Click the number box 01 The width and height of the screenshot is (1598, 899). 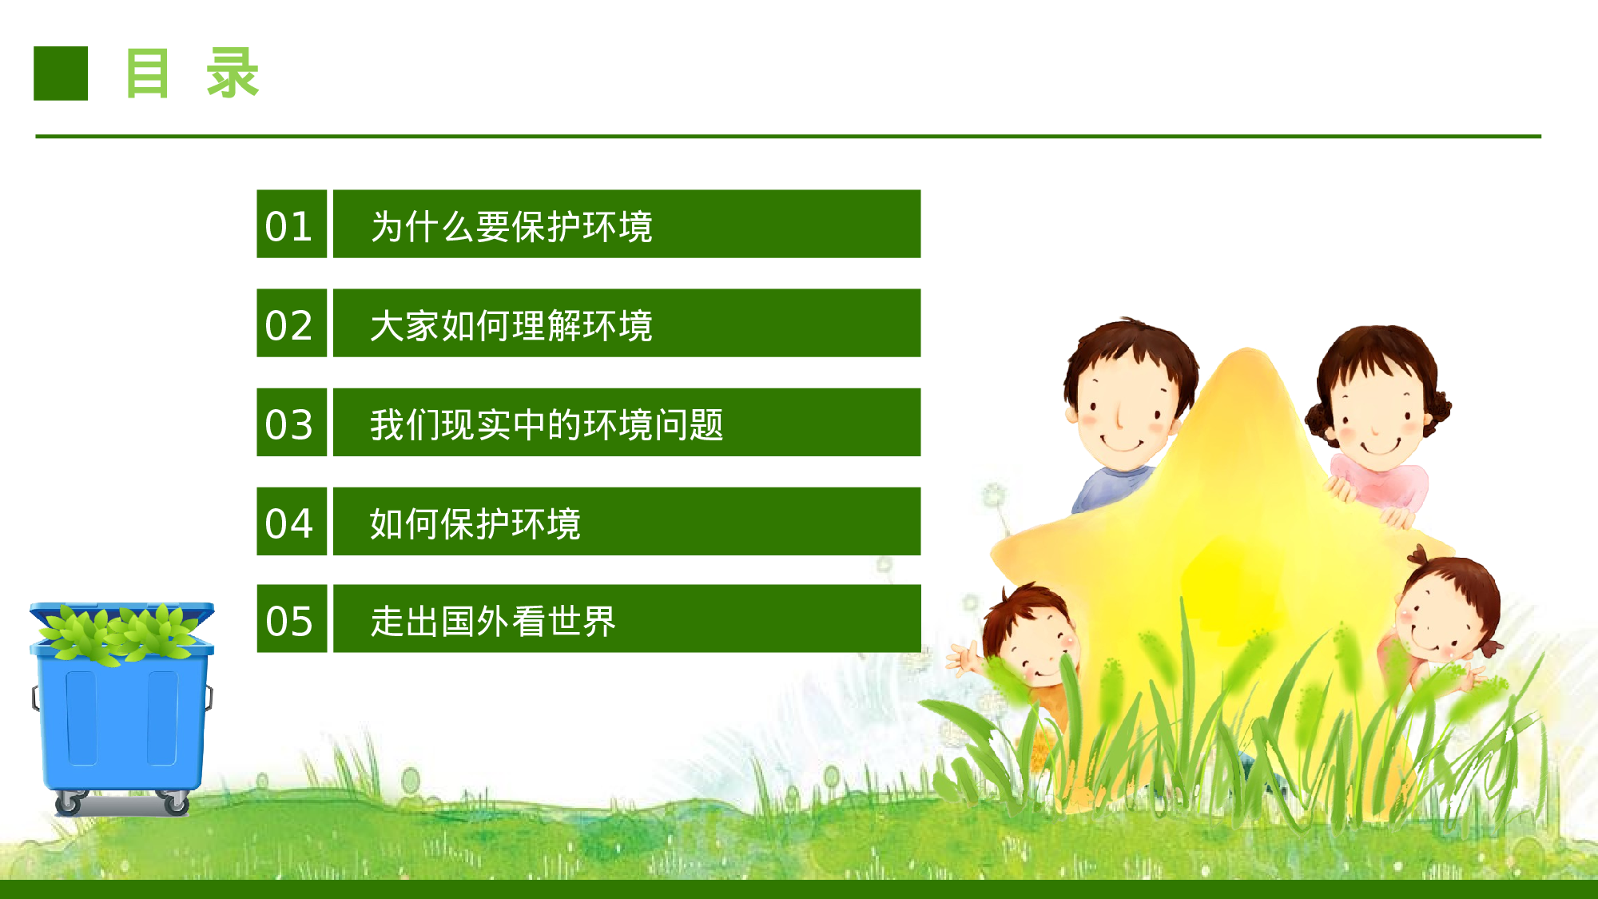(x=291, y=225)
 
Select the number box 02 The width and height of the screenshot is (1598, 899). (x=291, y=324)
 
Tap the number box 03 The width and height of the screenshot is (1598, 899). (x=291, y=423)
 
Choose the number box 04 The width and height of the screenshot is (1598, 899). (x=291, y=522)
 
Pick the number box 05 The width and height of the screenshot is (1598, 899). (x=291, y=619)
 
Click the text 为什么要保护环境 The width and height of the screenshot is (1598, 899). (x=511, y=226)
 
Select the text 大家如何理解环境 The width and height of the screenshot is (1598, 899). (x=511, y=325)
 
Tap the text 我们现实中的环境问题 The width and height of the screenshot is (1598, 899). (x=547, y=424)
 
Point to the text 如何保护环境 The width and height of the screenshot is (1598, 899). (x=475, y=523)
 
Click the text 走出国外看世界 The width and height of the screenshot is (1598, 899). (x=493, y=621)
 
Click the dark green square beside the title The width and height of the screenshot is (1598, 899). (x=61, y=74)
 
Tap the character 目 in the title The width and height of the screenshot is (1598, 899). (x=148, y=74)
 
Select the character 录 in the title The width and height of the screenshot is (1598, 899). (x=233, y=74)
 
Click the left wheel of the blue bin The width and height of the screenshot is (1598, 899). (x=69, y=802)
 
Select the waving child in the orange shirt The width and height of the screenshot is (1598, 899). (x=1027, y=655)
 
